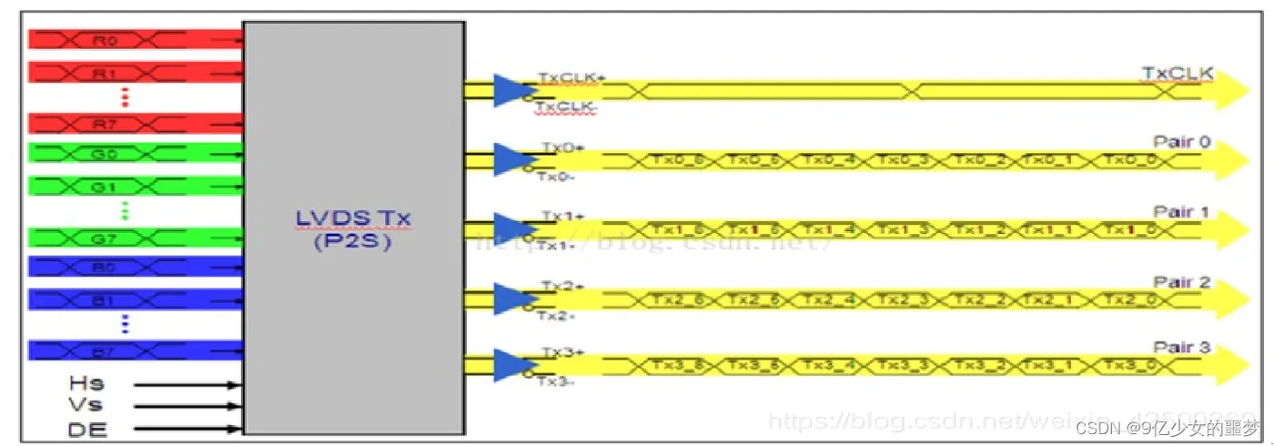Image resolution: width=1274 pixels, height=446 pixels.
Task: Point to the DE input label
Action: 87,430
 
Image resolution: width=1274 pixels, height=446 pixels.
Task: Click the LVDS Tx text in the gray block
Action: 352,219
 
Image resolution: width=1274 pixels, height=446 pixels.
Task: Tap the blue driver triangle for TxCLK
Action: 510,90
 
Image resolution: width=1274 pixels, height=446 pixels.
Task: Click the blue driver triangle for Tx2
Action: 510,299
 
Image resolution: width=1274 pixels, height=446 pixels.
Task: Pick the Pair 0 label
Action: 1182,143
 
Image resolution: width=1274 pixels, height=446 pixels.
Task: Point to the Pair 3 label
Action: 1182,349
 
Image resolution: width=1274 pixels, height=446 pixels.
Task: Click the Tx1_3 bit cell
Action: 905,230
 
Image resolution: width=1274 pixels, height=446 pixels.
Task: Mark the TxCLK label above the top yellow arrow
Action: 1178,73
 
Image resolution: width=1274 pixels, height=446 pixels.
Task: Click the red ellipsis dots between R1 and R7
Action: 126,96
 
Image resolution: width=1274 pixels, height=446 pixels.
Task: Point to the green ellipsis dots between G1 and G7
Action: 126,210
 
